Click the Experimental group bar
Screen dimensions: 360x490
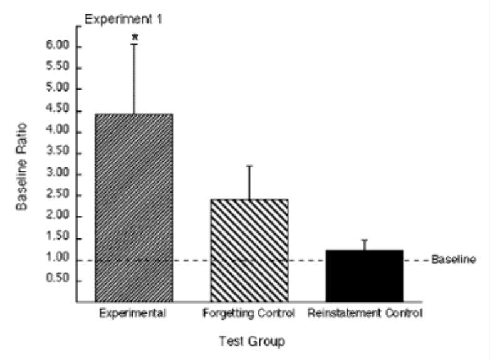point(133,207)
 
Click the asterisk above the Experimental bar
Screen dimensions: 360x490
point(135,38)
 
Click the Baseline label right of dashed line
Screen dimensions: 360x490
point(454,259)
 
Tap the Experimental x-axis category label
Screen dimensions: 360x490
point(133,313)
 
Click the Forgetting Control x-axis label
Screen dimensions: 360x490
point(249,313)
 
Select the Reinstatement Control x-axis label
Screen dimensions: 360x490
point(365,313)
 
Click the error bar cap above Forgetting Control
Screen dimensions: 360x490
point(249,166)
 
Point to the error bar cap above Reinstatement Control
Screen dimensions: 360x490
point(364,240)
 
